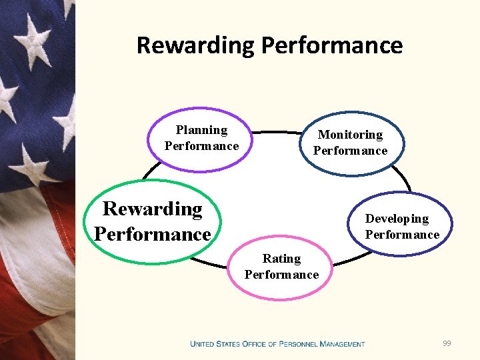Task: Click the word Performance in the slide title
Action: point(332,45)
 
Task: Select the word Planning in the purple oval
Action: point(201,130)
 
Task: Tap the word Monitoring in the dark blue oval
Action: point(350,135)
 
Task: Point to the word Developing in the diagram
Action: point(397,219)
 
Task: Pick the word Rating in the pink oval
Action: point(281,259)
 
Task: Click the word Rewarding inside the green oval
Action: point(153,209)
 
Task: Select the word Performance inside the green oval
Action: point(153,234)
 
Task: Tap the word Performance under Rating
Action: point(281,275)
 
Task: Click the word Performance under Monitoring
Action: point(350,151)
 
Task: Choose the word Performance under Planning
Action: point(201,146)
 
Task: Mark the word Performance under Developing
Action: point(402,235)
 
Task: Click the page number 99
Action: point(447,343)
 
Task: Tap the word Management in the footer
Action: point(342,344)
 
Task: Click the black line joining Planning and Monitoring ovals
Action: point(273,132)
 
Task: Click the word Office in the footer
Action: point(254,344)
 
